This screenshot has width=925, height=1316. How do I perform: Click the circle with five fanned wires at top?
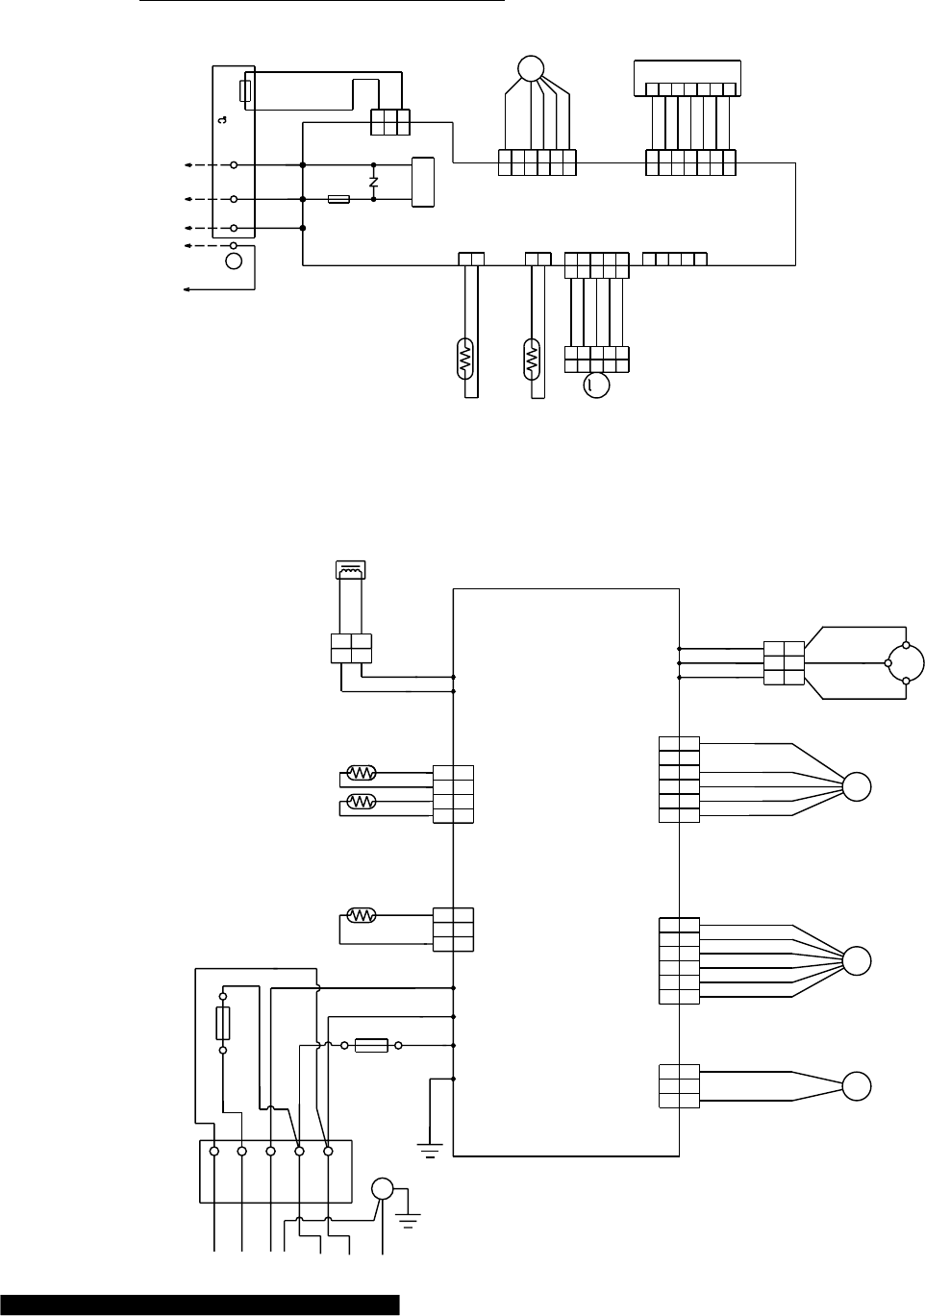click(x=530, y=68)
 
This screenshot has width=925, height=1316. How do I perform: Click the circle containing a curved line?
click(x=596, y=385)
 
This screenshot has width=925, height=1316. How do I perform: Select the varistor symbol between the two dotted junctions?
click(x=373, y=182)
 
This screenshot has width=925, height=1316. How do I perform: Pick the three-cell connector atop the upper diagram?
click(x=390, y=122)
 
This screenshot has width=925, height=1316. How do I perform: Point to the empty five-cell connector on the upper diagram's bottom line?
click(x=674, y=259)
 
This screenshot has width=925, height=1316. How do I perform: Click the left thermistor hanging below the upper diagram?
click(x=466, y=359)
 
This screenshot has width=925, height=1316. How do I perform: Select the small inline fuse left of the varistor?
click(x=338, y=199)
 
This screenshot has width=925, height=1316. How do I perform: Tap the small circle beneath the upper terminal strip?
click(x=234, y=261)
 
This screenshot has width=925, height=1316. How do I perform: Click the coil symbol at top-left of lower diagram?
click(x=346, y=571)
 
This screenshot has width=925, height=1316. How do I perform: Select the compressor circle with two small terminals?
click(x=906, y=662)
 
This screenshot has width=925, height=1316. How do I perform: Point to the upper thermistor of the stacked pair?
click(x=362, y=772)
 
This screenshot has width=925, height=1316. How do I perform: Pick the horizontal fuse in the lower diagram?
click(x=371, y=1045)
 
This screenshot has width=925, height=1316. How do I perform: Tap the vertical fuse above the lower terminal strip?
click(x=223, y=1024)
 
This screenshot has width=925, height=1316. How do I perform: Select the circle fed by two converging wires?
click(x=857, y=1086)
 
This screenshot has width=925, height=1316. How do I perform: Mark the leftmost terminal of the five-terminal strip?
click(x=213, y=1151)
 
